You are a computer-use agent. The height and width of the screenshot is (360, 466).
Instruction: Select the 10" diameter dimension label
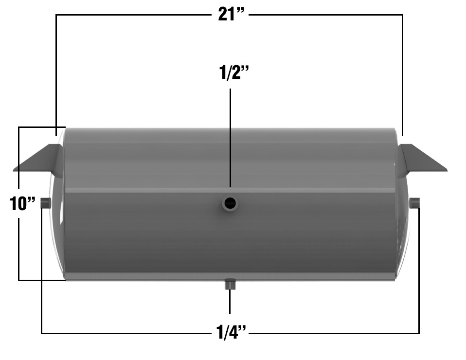(23, 203)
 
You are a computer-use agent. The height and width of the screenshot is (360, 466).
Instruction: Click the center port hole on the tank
(230, 203)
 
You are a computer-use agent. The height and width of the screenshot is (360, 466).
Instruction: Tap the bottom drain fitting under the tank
(230, 284)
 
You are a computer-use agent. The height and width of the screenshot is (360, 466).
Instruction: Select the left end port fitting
(46, 203)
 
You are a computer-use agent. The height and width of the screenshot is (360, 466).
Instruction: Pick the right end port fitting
(415, 203)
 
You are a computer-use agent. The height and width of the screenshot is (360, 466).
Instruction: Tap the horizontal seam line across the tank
(146, 190)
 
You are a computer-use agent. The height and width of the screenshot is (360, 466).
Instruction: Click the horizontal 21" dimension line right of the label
(326, 15)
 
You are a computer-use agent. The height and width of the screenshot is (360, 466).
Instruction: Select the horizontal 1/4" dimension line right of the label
(336, 333)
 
